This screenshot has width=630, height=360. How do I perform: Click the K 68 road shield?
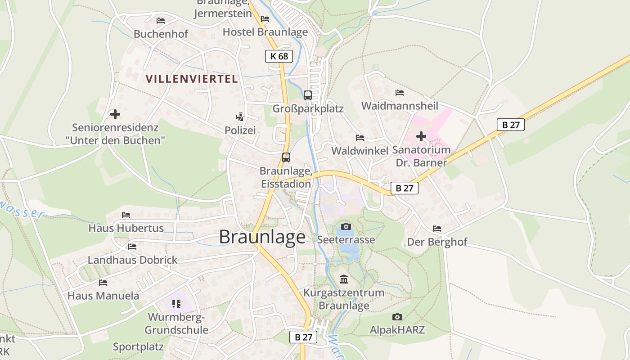(x=279, y=56)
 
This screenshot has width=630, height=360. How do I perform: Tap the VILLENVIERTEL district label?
(x=192, y=79)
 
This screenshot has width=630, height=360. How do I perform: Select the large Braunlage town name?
(x=262, y=237)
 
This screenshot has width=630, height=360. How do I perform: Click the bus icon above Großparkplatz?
(x=308, y=95)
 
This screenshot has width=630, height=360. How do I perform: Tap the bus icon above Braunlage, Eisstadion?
(x=286, y=157)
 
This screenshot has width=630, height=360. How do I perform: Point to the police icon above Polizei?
(x=240, y=117)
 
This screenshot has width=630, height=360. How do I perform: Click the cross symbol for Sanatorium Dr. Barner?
(x=421, y=136)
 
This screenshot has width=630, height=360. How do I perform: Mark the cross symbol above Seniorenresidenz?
(x=115, y=114)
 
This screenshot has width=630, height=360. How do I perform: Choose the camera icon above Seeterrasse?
(x=346, y=226)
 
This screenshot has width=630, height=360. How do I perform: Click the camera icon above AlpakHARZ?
(x=397, y=317)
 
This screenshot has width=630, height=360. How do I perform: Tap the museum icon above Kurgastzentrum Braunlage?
(x=344, y=279)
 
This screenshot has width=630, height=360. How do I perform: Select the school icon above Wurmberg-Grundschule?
(x=176, y=304)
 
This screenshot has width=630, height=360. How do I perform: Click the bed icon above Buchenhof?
(x=161, y=20)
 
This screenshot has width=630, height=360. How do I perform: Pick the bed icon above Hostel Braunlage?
(x=265, y=19)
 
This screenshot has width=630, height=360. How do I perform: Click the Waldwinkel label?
(x=360, y=151)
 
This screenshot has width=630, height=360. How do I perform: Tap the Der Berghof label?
(x=437, y=242)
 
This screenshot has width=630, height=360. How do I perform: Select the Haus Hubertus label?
(x=126, y=228)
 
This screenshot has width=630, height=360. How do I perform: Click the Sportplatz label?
(x=138, y=347)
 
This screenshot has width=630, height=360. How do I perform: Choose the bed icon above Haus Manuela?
(x=103, y=283)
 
